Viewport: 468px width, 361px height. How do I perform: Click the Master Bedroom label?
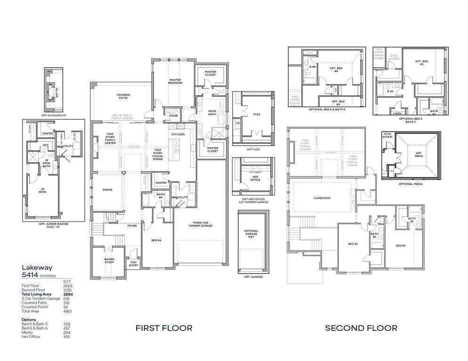click(x=175, y=81)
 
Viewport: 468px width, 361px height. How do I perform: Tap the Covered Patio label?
click(x=123, y=96)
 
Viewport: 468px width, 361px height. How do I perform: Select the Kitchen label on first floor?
click(x=178, y=134)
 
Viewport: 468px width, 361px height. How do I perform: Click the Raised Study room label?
click(x=109, y=260)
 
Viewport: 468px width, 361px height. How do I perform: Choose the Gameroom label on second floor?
click(x=322, y=198)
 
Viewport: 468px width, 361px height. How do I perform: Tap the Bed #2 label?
click(x=353, y=244)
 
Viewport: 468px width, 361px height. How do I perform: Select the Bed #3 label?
click(x=401, y=245)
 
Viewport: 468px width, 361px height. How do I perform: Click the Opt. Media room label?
click(x=419, y=154)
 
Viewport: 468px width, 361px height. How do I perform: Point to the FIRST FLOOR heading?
click(x=164, y=328)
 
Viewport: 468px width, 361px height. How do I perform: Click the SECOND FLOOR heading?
click(x=361, y=328)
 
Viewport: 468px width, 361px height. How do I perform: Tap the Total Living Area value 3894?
click(x=68, y=294)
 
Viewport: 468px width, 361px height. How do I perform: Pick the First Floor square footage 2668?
click(x=68, y=286)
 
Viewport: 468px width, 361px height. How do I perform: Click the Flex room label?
click(x=257, y=114)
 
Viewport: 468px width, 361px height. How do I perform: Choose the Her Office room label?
click(x=255, y=178)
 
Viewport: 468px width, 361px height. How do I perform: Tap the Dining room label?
click(x=107, y=190)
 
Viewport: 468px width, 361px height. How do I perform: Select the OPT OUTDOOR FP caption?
click(x=53, y=115)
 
